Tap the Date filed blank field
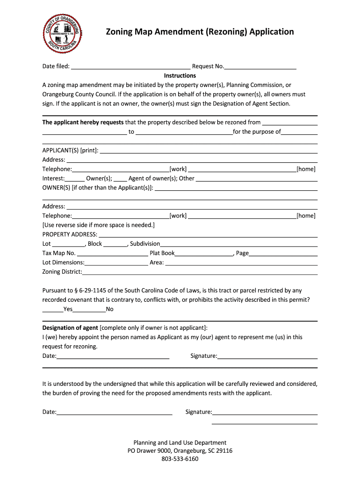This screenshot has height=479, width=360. pyautogui.click(x=130, y=66)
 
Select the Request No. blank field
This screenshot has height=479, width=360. pyautogui.click(x=260, y=66)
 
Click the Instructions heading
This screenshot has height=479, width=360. pyautogui.click(x=180, y=76)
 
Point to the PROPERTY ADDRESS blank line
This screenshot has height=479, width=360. pyautogui.click(x=208, y=235)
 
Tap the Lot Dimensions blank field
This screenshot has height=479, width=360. pyautogui.click(x=116, y=263)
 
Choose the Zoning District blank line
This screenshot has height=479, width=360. pyautogui.click(x=200, y=272)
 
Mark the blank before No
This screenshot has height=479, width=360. pyautogui.click(x=89, y=310)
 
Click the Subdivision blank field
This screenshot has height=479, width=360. pyautogui.click(x=239, y=244)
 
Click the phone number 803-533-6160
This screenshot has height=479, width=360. pyautogui.click(x=180, y=459)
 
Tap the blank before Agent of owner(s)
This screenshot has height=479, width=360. pyautogui.click(x=121, y=179)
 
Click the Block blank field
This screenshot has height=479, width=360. pyautogui.click(x=115, y=244)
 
